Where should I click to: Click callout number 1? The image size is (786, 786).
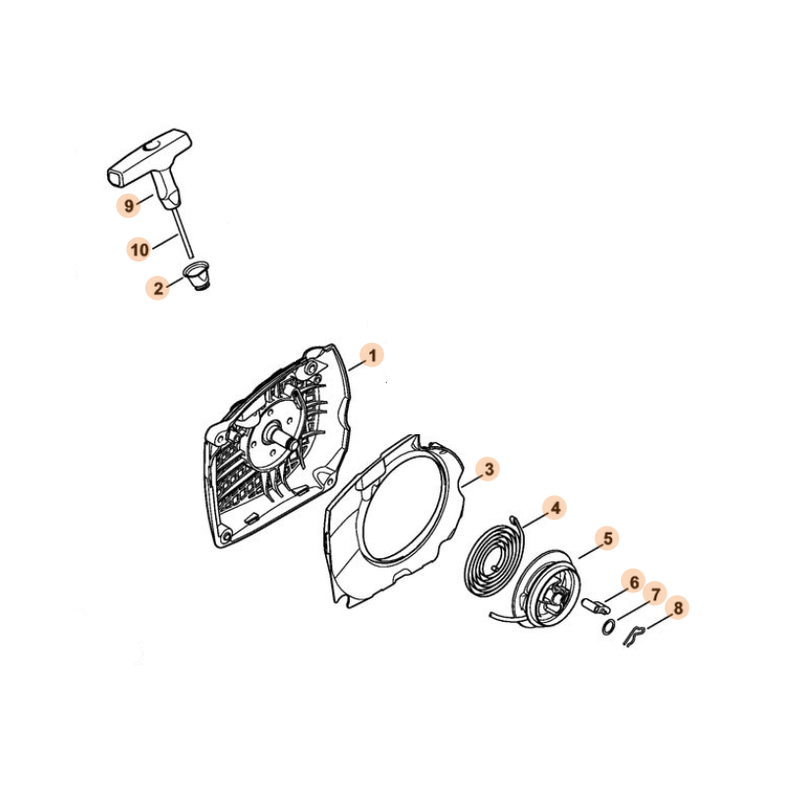click(x=372, y=356)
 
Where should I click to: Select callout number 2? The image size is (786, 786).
click(x=158, y=288)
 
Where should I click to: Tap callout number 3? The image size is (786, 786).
click(x=488, y=469)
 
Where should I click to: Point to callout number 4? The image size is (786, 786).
click(x=555, y=508)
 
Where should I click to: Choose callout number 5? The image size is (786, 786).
click(x=607, y=538)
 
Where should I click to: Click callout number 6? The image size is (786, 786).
click(x=634, y=582)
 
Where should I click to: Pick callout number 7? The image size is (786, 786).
click(x=655, y=595)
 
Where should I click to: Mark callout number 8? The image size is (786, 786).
click(x=677, y=608)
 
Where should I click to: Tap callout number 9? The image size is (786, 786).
click(x=129, y=205)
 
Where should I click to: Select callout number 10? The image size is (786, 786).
click(x=140, y=249)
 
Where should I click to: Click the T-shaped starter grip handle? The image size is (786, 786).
click(x=150, y=165)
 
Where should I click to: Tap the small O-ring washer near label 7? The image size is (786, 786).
click(x=608, y=627)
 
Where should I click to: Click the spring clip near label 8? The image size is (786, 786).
click(x=633, y=634)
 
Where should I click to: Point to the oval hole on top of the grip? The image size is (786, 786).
click(x=151, y=145)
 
